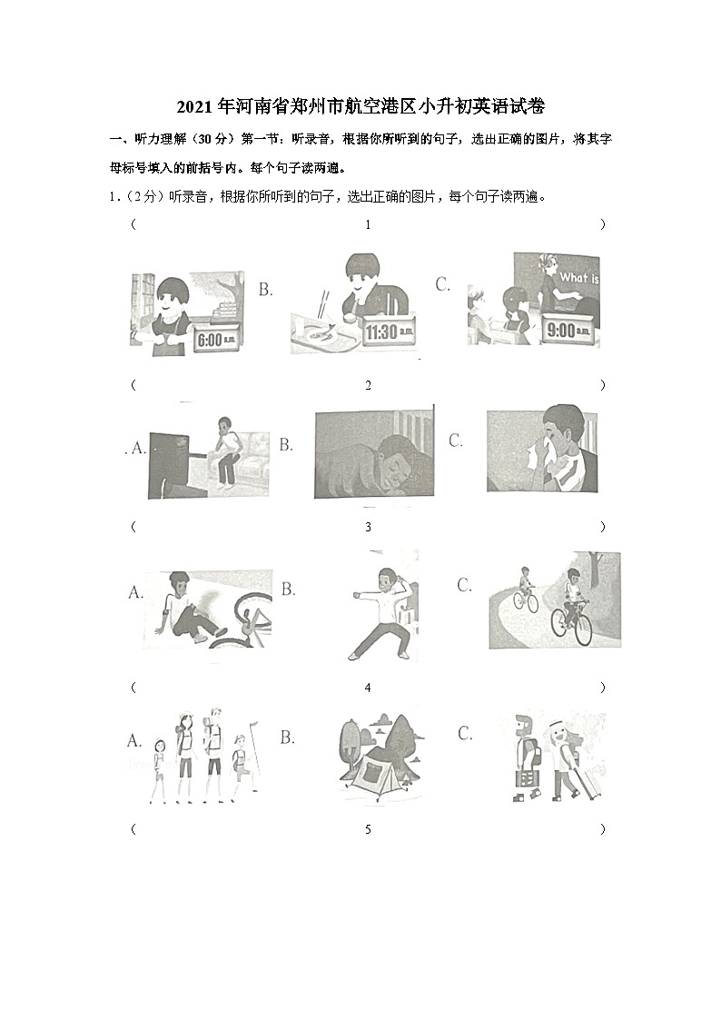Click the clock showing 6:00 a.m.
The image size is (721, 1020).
click(x=218, y=338)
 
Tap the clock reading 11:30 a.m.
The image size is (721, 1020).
click(x=388, y=332)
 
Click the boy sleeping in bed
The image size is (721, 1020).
click(x=373, y=454)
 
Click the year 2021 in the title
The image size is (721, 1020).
click(x=194, y=106)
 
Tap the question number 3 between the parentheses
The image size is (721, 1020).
click(x=368, y=527)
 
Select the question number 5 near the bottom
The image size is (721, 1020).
click(x=368, y=829)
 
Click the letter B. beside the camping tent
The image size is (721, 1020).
click(x=287, y=737)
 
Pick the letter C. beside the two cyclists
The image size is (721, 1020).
click(x=464, y=585)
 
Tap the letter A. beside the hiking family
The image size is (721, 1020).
click(x=134, y=741)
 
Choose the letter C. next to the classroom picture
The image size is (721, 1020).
click(x=443, y=284)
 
